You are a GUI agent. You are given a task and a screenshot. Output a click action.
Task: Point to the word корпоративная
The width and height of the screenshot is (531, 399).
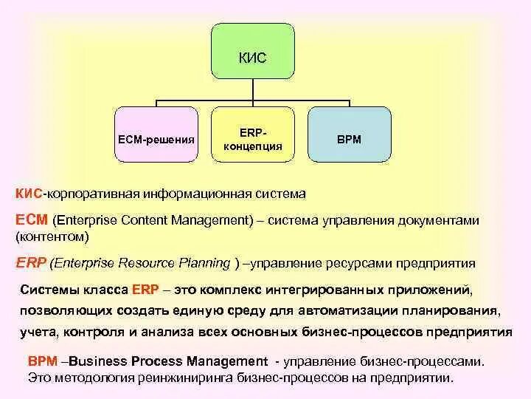pyautogui.click(x=92, y=194)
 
